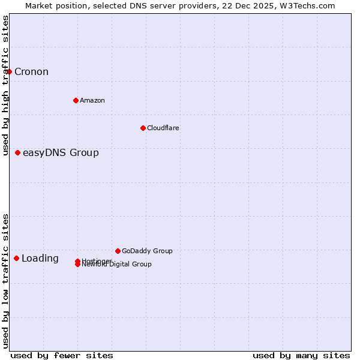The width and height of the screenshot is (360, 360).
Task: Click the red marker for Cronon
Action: coord(9,72)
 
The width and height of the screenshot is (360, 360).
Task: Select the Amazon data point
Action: coord(76,100)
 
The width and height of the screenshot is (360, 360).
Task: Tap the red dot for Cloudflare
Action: coord(143,128)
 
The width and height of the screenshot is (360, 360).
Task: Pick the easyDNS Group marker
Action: coord(17,153)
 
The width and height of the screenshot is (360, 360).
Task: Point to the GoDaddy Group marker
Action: coord(118,251)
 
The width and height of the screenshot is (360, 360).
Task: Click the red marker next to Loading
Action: coord(16,259)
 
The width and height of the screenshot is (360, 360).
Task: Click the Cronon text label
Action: coord(31,72)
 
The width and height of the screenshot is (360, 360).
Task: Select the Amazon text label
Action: coord(92,100)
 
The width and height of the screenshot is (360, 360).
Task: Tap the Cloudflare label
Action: coord(163,128)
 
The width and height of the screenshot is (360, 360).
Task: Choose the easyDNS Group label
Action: coord(61,153)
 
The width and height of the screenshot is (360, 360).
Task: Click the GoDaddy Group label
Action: coord(147,251)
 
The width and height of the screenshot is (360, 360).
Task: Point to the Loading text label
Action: coord(40,259)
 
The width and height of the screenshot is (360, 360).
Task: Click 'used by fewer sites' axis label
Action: coord(62,355)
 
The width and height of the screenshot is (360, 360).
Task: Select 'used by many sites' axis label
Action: coord(301,355)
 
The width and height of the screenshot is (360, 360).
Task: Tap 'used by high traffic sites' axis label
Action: coord(6,85)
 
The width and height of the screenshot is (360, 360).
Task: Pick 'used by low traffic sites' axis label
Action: coord(6,281)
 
